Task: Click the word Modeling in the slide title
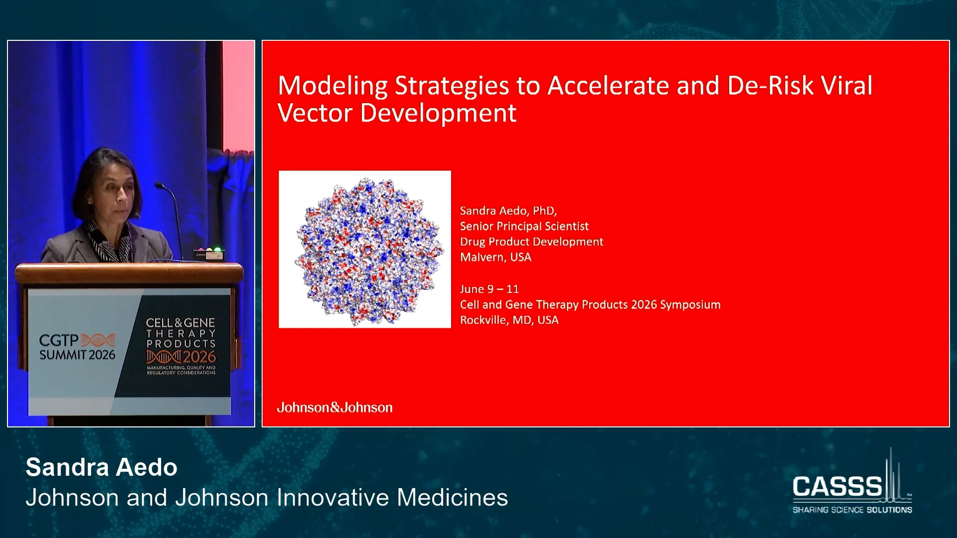click(332, 86)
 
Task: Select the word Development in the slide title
click(438, 114)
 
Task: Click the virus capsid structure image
click(365, 250)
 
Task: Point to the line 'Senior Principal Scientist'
click(524, 227)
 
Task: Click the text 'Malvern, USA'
click(495, 257)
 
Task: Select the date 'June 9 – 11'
click(489, 289)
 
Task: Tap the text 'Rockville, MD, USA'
click(509, 320)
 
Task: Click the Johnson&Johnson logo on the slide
click(335, 407)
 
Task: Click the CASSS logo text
click(837, 486)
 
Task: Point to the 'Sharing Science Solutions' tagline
click(852, 510)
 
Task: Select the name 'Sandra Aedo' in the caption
click(102, 467)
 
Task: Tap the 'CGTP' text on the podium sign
click(59, 341)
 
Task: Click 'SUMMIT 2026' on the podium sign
click(77, 355)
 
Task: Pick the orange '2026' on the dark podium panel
click(199, 357)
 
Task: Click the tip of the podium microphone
click(158, 185)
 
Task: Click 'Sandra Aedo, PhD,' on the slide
click(508, 211)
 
